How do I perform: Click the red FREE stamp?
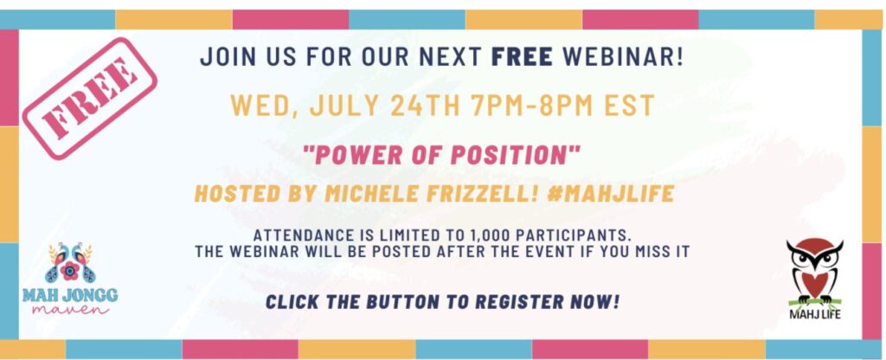[89, 99]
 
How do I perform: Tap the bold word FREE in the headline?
[522, 57]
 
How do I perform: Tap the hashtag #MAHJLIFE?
[611, 194]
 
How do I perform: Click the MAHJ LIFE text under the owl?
[815, 313]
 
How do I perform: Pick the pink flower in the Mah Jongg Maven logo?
[70, 271]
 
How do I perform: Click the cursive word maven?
[71, 309]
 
